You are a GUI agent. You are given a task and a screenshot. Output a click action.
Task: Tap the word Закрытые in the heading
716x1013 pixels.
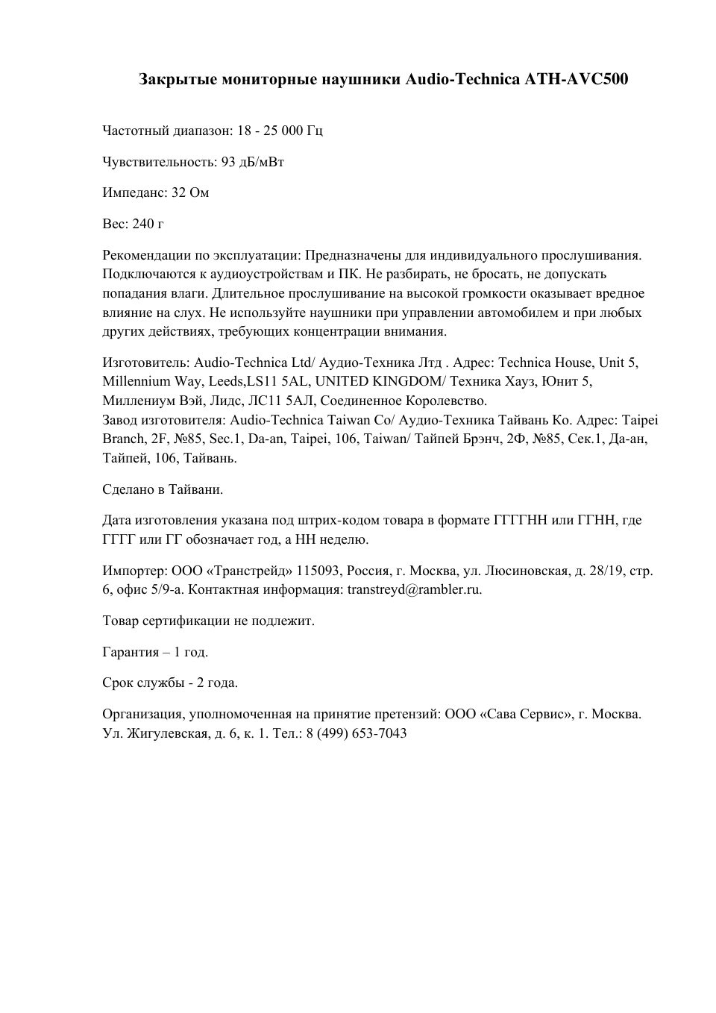(178, 79)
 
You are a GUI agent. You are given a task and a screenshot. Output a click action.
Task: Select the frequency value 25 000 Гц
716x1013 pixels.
(292, 131)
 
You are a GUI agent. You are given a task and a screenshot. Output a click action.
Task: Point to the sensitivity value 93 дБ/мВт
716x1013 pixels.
(253, 162)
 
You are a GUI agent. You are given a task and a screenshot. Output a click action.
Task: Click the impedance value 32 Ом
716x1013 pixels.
(190, 192)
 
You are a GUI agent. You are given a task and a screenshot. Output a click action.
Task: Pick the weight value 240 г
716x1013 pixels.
(148, 224)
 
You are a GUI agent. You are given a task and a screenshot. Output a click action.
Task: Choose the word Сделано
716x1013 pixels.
(128, 489)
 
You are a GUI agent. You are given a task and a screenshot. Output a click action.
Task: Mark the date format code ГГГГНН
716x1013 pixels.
(521, 520)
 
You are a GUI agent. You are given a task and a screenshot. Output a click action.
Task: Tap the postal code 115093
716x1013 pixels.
(320, 571)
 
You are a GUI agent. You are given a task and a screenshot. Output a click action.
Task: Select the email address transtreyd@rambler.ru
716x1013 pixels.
(415, 589)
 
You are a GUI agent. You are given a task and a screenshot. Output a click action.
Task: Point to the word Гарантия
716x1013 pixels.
(131, 652)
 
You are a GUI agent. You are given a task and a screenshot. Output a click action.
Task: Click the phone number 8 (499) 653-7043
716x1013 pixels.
(357, 733)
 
